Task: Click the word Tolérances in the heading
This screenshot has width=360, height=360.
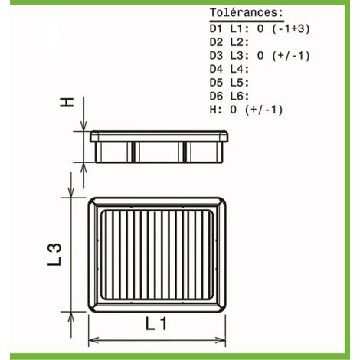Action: pos(244,12)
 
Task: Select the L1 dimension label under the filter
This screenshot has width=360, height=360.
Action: pos(156,323)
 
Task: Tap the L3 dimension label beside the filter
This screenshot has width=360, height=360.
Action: pos(54,254)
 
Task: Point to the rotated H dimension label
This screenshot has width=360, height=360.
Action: pos(67,102)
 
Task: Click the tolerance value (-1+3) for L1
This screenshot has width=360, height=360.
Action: pos(291,28)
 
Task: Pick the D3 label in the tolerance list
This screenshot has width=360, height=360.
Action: pos(216,56)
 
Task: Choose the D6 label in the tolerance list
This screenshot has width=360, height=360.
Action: pos(216,96)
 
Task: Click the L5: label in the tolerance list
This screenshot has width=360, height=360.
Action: pos(240,83)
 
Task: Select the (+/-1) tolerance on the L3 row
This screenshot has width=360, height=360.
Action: pos(291,56)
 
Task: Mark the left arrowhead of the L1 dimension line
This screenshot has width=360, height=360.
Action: pos(93,340)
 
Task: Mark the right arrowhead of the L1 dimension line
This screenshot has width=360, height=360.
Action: pos(221,340)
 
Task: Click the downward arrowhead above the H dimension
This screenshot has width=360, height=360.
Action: pos(83,126)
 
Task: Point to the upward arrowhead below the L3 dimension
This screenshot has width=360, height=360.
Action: pos(71,317)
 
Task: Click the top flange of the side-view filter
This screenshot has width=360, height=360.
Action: pos(159,136)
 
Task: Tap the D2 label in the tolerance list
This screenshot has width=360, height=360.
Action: pos(216,42)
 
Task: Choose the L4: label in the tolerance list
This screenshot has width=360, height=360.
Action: pos(240,69)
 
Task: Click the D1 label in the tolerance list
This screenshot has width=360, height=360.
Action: pos(216,28)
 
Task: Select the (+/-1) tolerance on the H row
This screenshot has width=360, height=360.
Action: pos(264,110)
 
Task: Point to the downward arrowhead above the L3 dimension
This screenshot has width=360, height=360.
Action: pos(71,192)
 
